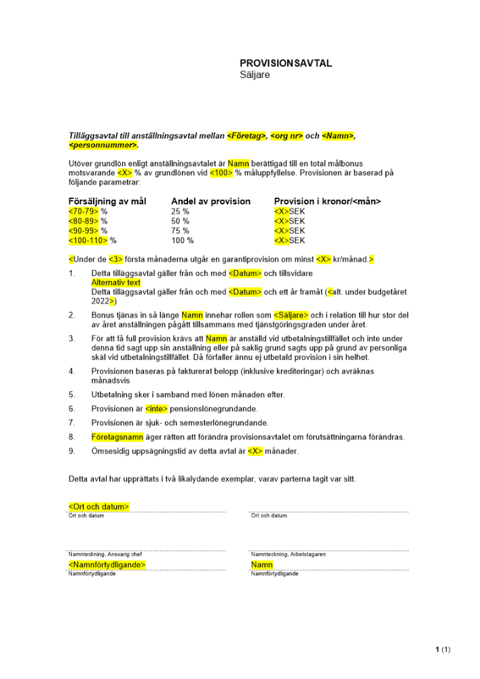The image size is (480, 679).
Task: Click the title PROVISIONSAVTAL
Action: (x=286, y=63)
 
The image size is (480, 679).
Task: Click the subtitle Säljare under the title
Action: (x=255, y=75)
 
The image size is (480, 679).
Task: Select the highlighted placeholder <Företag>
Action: (x=246, y=136)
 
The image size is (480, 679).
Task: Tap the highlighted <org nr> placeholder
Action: (x=286, y=136)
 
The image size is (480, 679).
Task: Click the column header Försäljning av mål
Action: (x=107, y=201)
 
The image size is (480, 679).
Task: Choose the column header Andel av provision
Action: (x=210, y=201)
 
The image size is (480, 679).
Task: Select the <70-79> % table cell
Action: (x=88, y=211)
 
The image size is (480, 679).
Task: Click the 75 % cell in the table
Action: (x=180, y=230)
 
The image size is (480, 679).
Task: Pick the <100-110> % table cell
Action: (x=92, y=240)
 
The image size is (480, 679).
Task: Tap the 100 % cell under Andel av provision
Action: (x=182, y=240)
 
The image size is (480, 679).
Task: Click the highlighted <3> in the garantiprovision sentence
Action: (x=116, y=259)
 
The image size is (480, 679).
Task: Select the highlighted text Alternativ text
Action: (x=116, y=282)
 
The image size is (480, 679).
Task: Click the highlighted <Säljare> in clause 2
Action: (x=291, y=315)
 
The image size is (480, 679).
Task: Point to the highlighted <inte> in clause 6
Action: (x=156, y=409)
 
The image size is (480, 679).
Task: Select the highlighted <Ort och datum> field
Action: (x=99, y=506)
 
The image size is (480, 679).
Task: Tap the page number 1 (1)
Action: (x=442, y=650)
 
